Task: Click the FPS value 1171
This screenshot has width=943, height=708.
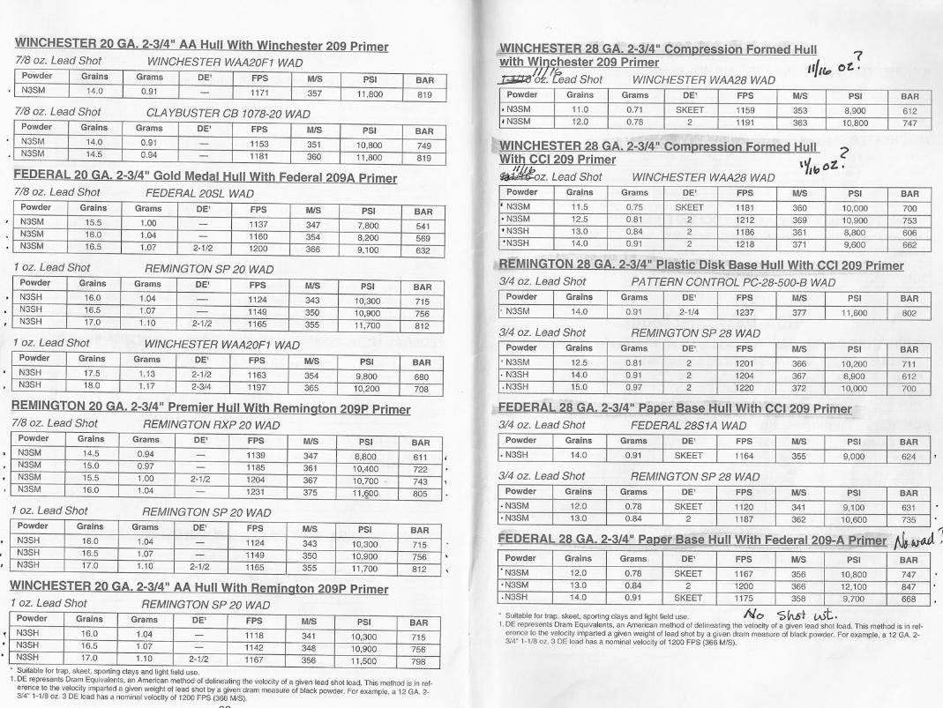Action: tap(258, 91)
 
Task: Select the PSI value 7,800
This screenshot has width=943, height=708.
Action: tap(371, 225)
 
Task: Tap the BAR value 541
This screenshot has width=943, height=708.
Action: tap(423, 225)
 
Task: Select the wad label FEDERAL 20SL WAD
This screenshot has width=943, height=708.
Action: tap(198, 193)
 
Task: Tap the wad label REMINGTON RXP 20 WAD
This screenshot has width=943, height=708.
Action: tap(211, 424)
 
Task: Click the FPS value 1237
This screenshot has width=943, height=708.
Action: tap(745, 311)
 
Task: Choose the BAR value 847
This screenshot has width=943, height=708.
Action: tap(909, 585)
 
